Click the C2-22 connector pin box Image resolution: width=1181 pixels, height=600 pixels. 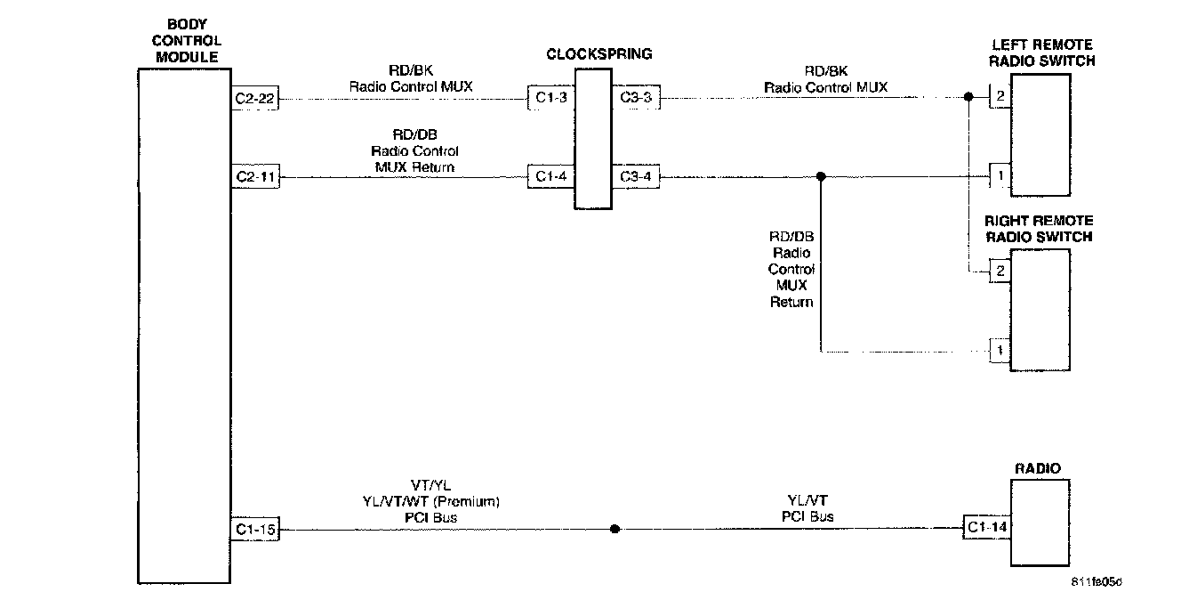254,100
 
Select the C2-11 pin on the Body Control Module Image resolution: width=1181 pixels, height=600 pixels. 254,177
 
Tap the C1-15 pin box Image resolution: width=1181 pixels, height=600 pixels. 254,531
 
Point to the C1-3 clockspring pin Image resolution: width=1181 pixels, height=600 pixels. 550,98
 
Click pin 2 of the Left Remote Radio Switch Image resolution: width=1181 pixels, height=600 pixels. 1000,96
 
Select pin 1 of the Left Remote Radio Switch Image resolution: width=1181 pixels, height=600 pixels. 1000,176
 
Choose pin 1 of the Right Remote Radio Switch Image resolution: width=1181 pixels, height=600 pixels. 1000,352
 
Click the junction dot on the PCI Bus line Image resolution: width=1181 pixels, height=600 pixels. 615,530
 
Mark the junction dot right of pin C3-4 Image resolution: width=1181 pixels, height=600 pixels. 821,176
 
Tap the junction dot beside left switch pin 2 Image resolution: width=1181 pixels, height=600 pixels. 968,96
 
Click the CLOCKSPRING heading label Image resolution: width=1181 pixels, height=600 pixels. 599,54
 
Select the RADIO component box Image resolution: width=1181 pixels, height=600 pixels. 1039,523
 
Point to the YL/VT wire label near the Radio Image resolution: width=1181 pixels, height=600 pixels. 807,501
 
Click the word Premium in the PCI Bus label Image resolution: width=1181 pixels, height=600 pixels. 471,501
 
